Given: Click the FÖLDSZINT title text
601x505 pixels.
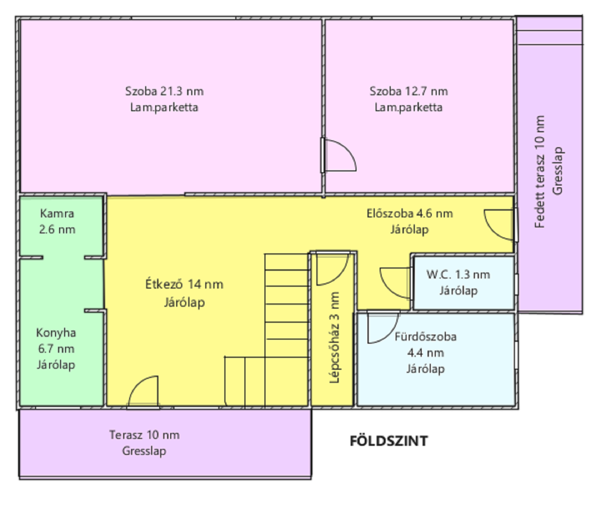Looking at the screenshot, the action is pyautogui.click(x=388, y=441).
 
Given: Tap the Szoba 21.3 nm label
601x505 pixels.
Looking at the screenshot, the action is pyautogui.click(x=164, y=91).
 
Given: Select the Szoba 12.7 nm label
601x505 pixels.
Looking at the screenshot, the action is pyautogui.click(x=409, y=91).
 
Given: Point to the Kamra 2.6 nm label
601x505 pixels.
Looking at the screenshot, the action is pyautogui.click(x=57, y=221).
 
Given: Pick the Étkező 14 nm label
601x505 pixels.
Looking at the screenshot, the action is pyautogui.click(x=184, y=284).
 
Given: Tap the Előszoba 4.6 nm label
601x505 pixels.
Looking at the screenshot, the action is pyautogui.click(x=410, y=213).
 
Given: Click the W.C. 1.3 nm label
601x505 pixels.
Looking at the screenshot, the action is pyautogui.click(x=458, y=274).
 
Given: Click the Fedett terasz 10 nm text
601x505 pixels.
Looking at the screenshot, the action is pyautogui.click(x=540, y=172).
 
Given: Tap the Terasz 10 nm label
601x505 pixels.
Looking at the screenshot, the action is pyautogui.click(x=144, y=435).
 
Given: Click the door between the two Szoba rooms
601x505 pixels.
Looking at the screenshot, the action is pyautogui.click(x=339, y=155).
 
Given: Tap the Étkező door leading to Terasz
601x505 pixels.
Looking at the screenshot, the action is pyautogui.click(x=143, y=391).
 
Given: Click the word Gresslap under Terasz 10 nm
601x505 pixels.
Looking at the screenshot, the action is pyautogui.click(x=144, y=451).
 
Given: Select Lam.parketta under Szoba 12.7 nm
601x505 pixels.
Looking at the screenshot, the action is pyautogui.click(x=409, y=107).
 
